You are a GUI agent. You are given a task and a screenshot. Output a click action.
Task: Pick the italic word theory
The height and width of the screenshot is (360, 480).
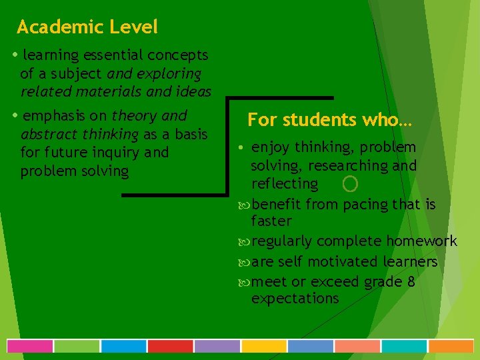(134, 115)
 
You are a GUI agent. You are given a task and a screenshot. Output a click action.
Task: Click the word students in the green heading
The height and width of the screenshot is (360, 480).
(313, 120)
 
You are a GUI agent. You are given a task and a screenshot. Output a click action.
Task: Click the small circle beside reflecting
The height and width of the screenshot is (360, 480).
(350, 183)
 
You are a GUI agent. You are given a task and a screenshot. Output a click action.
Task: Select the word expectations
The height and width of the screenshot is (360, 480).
(295, 299)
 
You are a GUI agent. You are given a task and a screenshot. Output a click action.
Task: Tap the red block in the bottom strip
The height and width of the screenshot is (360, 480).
(170, 346)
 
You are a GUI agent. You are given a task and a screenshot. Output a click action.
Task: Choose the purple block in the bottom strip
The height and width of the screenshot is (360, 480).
(217, 346)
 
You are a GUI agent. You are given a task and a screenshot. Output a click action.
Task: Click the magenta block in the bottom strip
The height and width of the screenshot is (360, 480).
(29, 346)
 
